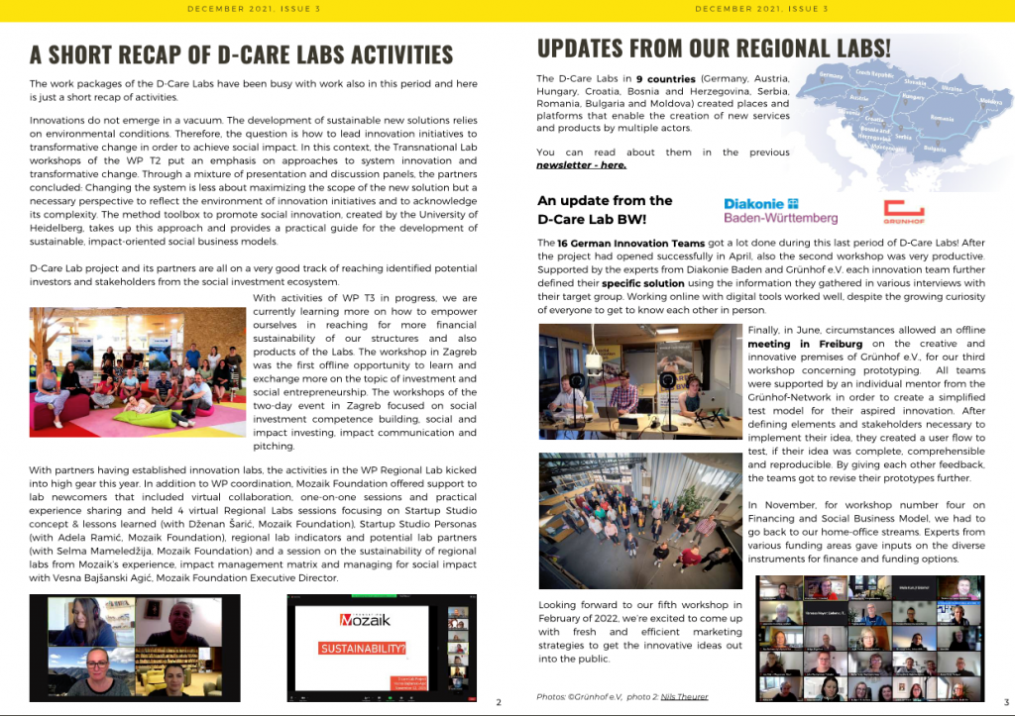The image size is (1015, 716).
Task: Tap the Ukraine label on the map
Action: (x=951, y=87)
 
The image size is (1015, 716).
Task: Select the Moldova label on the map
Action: (x=990, y=101)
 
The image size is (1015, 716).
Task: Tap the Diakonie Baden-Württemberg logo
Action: (x=780, y=211)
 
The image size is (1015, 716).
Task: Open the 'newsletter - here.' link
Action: (x=581, y=165)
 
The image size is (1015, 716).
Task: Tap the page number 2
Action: (x=498, y=703)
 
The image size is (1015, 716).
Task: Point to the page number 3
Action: (x=1005, y=703)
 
